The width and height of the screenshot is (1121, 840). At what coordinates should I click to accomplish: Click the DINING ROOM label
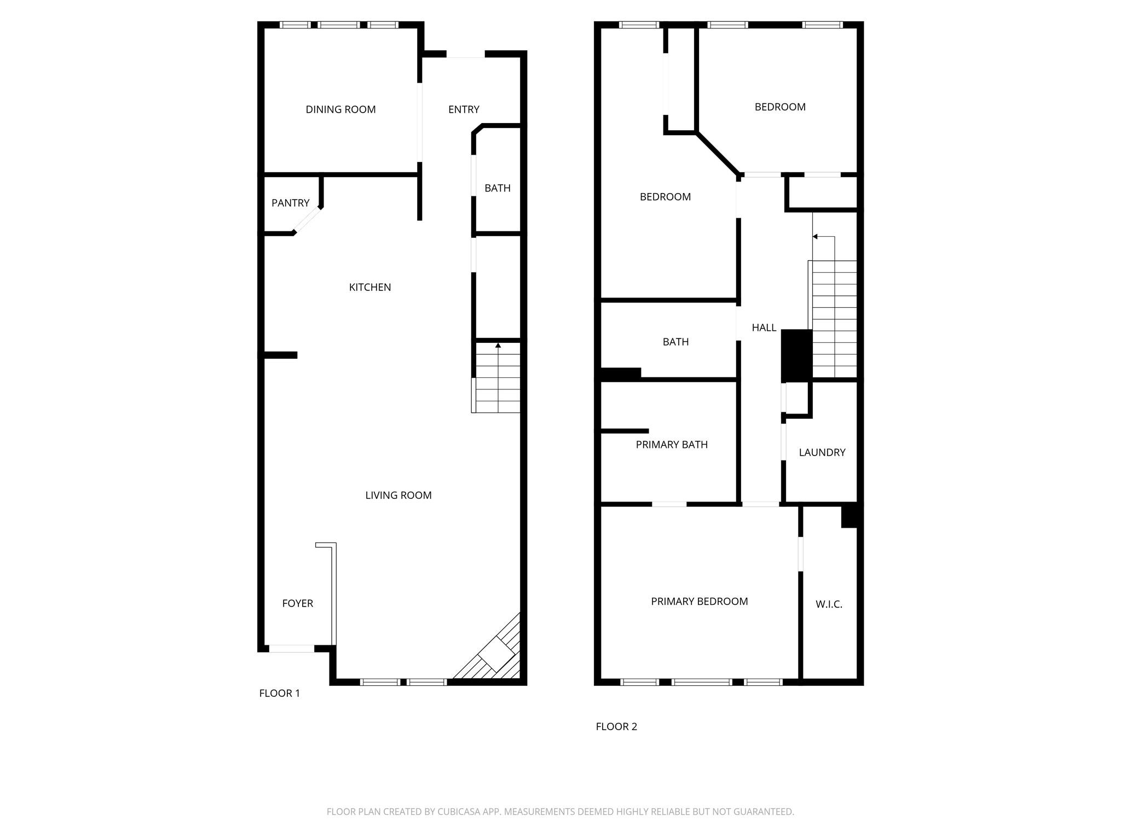click(x=340, y=109)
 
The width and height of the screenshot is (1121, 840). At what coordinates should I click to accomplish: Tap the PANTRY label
click(x=290, y=203)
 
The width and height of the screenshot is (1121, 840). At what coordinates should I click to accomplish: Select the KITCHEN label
click(x=370, y=287)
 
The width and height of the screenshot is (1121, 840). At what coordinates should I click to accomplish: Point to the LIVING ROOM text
click(x=398, y=495)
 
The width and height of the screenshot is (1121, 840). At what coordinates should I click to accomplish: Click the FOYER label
click(x=298, y=603)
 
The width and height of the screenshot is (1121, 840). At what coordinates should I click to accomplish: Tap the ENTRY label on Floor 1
click(x=464, y=109)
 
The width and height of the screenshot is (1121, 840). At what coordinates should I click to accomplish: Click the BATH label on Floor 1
click(x=498, y=188)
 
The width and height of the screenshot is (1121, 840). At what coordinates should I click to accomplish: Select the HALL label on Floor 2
click(x=764, y=328)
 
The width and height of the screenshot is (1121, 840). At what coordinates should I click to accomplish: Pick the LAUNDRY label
click(x=822, y=452)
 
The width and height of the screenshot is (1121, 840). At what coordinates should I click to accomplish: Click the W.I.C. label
click(x=829, y=604)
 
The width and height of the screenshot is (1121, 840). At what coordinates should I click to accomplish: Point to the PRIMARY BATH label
click(x=672, y=445)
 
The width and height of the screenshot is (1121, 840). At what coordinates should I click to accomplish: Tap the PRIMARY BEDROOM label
click(x=699, y=602)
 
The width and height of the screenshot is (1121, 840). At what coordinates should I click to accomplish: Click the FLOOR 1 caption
click(x=280, y=693)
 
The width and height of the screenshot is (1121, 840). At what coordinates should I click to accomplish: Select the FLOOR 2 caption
click(x=616, y=727)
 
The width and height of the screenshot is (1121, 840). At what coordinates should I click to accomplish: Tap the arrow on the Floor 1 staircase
click(x=498, y=346)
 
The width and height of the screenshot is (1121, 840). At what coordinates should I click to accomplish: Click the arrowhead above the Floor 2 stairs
click(x=815, y=237)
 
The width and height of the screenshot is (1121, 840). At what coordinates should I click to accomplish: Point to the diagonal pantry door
click(x=307, y=220)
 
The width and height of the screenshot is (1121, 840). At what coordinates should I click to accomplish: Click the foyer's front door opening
click(x=291, y=649)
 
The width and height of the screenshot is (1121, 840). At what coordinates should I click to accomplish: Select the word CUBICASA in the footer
click(x=459, y=812)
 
